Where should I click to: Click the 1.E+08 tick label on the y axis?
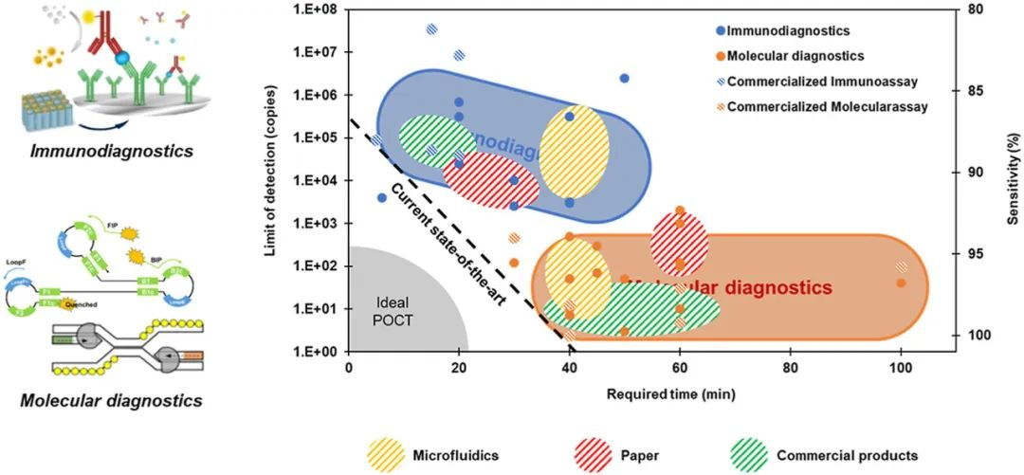(x=320, y=9)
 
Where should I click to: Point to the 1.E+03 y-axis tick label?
(x=320, y=224)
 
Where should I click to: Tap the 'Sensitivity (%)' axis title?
(x=1013, y=180)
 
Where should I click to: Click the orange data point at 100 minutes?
(x=901, y=283)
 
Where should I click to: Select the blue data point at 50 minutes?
(x=624, y=78)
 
